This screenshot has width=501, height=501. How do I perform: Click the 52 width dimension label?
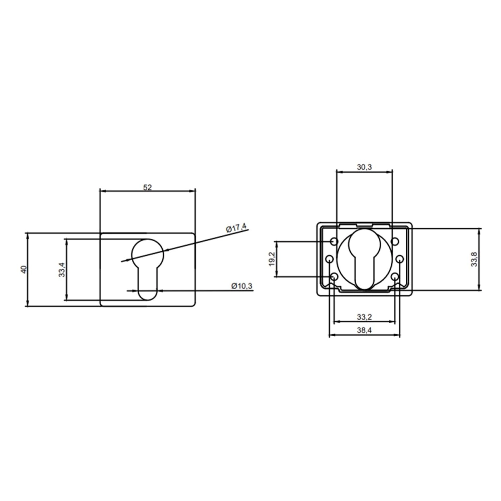147,187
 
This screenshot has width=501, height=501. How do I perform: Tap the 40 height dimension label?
24,270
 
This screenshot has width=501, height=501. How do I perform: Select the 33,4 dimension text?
62,270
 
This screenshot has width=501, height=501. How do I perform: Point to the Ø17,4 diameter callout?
236,228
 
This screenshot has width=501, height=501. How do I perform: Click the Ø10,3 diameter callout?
242,286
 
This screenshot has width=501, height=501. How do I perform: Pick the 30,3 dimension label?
365,167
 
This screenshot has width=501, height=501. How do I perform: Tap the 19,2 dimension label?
272,259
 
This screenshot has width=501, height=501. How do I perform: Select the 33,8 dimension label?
474,259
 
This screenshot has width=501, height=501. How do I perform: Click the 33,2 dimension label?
364,317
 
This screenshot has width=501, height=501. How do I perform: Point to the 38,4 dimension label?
364,330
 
